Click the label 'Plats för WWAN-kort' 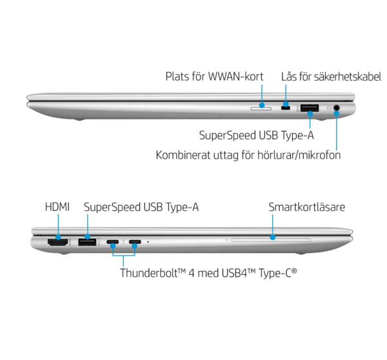coord(214,77)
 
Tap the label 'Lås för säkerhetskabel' coord(332,77)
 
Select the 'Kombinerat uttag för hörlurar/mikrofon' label coord(248,155)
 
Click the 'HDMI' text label coord(57,207)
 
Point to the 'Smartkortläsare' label coord(307,207)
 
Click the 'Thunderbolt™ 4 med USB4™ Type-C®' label coord(208,273)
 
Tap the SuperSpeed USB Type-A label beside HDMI coord(141,207)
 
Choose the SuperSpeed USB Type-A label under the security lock coord(257,135)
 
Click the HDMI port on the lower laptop coord(58,242)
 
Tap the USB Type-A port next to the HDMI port coord(87,242)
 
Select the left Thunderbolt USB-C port coord(113,242)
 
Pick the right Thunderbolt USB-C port coord(135,242)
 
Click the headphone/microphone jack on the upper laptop coord(337,108)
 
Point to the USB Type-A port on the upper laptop coord(310,108)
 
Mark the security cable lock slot coord(286,108)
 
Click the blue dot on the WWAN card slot coord(262,105)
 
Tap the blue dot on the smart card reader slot coord(272,237)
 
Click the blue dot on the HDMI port coord(58,237)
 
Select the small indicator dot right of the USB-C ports coord(148,242)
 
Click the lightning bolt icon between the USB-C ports coord(124,242)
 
